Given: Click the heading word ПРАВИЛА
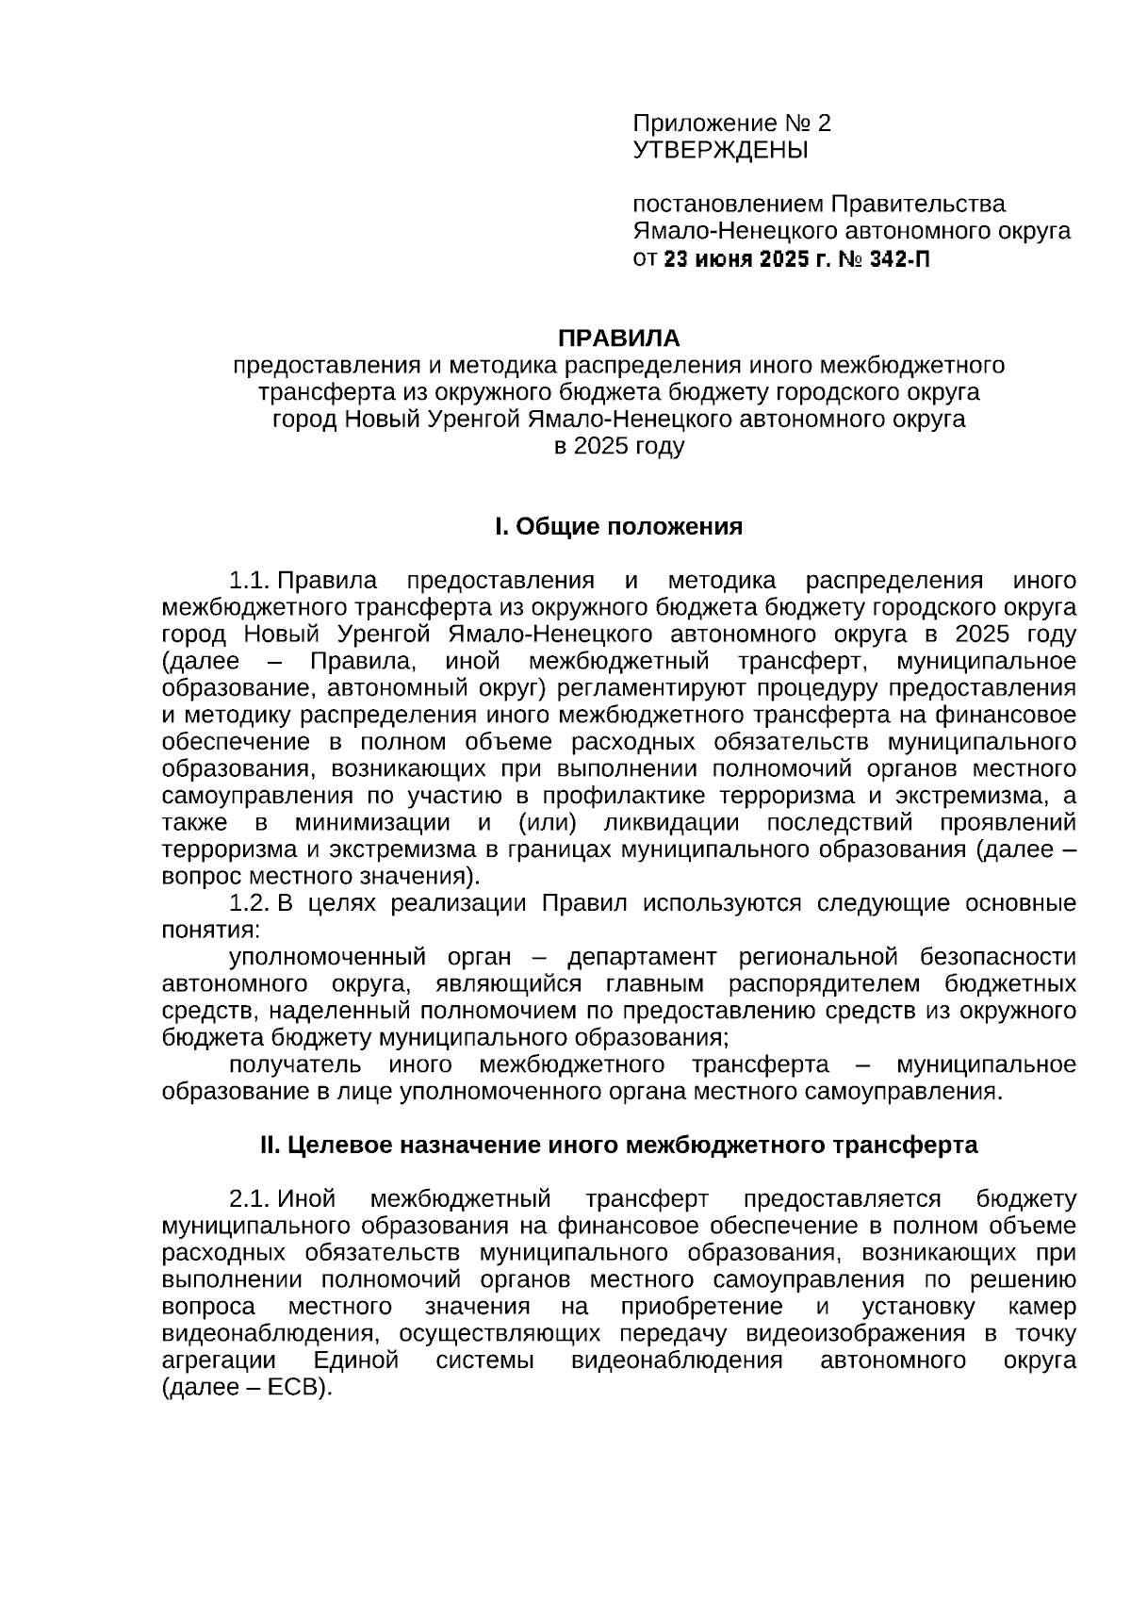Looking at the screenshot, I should click(618, 338).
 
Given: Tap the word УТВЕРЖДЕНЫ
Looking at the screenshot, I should click(720, 150).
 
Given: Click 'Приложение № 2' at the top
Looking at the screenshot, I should click(731, 124).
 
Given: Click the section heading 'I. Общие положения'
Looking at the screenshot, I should click(618, 526).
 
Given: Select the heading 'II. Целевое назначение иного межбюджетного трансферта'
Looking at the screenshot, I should click(618, 1145).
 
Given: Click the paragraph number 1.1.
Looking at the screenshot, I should click(250, 580).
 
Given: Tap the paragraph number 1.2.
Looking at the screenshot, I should click(250, 902).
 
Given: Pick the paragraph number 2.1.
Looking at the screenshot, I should click(250, 1198).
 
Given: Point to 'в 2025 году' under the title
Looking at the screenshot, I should click(618, 446).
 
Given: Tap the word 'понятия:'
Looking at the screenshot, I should click(209, 930).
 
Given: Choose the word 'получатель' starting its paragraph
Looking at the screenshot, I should click(295, 1064).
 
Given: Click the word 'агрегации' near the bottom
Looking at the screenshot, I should click(219, 1361).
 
